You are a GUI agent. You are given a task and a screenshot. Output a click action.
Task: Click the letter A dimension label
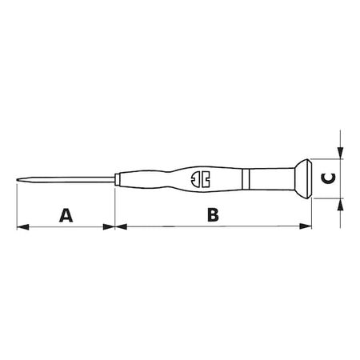(66, 214)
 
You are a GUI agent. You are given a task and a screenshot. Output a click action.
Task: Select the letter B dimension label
(212, 214)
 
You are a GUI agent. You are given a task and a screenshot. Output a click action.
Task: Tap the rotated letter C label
(327, 178)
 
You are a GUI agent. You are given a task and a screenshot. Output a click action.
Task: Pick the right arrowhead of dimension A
(110, 227)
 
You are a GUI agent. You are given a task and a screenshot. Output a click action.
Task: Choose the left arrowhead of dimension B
(122, 227)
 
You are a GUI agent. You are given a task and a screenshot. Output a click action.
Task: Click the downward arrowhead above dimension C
(342, 153)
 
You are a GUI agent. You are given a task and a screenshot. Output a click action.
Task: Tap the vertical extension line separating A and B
(116, 208)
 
